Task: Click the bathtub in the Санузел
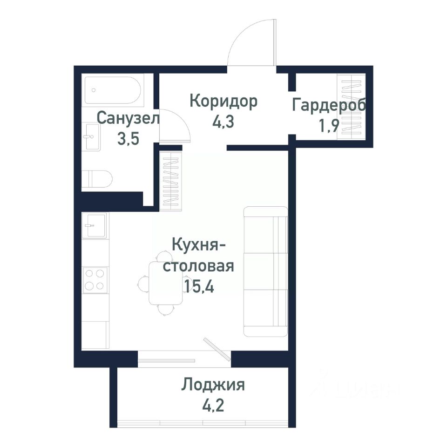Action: click(x=113, y=90)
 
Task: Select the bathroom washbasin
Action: click(x=91, y=137)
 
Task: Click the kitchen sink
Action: click(x=95, y=225)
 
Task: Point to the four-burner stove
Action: click(x=95, y=280)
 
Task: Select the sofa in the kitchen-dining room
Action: click(x=265, y=271)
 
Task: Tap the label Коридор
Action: click(x=223, y=101)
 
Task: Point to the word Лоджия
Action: click(x=213, y=385)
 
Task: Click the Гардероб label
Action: click(x=329, y=105)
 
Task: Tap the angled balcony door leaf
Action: click(x=217, y=349)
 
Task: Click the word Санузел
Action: click(x=128, y=118)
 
